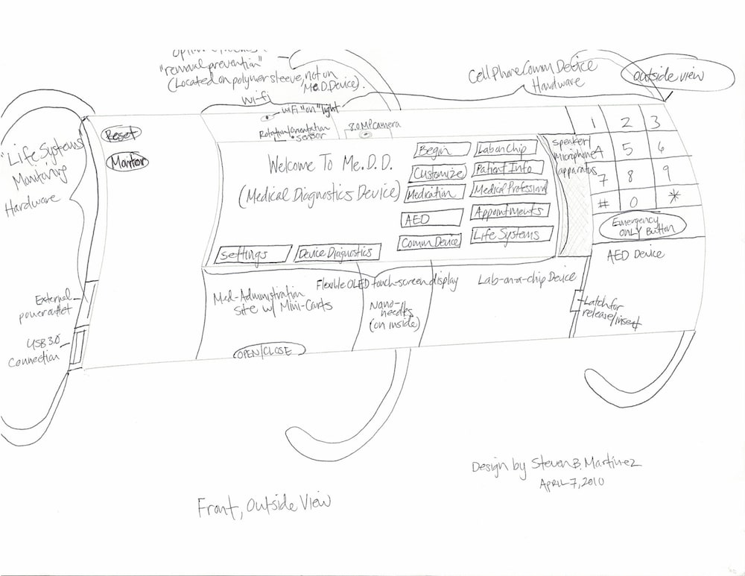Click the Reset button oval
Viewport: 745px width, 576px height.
coord(120,136)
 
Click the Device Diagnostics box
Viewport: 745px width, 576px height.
coord(337,253)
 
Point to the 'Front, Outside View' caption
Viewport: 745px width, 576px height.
coord(264,506)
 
